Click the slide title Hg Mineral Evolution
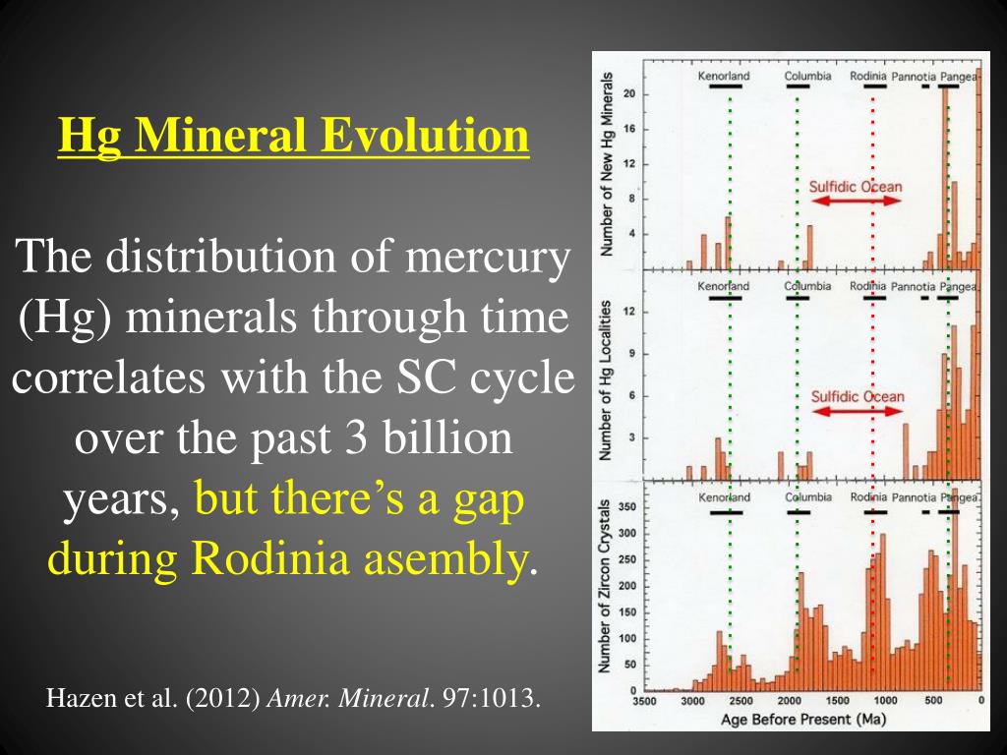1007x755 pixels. pos(293,136)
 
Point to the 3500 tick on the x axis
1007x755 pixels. pos(644,700)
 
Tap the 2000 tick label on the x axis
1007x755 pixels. pos(789,700)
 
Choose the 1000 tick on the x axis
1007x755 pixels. pos(885,700)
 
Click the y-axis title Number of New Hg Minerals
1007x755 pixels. pos(608,163)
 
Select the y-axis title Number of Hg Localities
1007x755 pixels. pos(608,379)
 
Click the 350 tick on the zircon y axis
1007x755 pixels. pos(626,507)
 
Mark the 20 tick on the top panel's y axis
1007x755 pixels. pos(630,94)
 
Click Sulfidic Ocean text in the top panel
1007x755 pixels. pos(856,186)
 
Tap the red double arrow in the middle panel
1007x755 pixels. pos(856,411)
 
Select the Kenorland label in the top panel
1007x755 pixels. pos(724,76)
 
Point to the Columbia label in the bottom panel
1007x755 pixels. pos(808,497)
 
